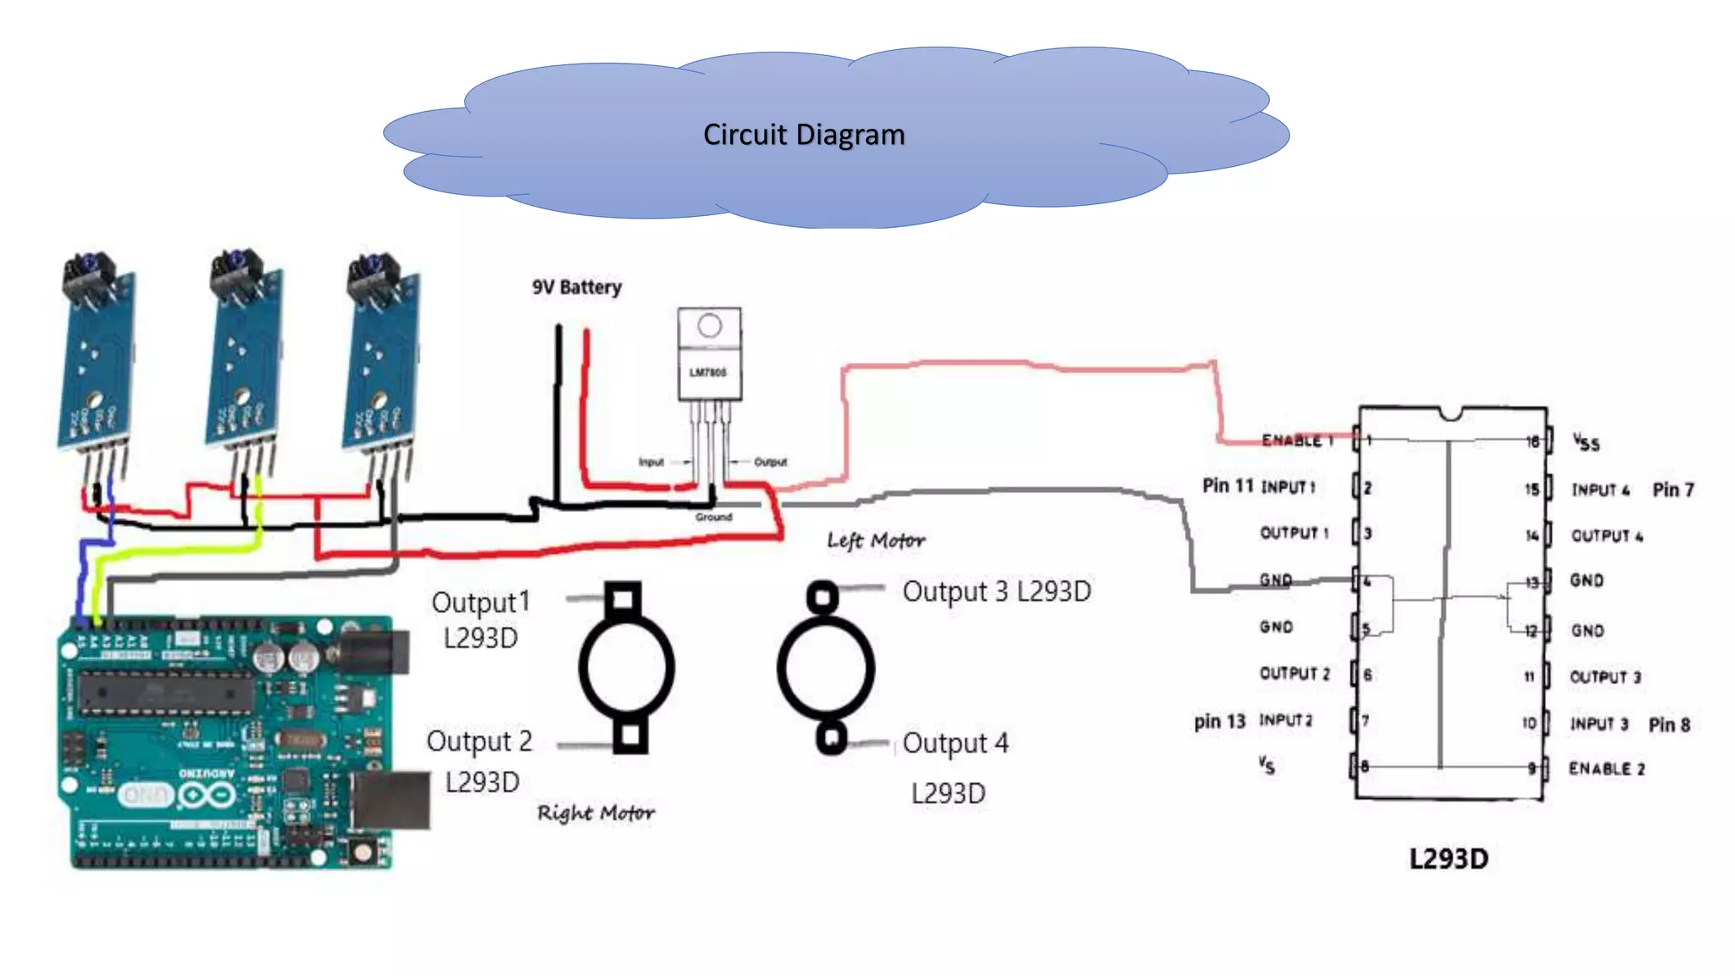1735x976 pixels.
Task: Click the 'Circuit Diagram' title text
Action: click(803, 135)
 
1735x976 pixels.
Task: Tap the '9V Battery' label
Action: click(576, 287)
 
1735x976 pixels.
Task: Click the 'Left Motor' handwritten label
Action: click(875, 541)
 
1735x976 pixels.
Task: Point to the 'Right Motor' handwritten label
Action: click(596, 813)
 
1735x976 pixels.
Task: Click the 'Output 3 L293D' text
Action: click(996, 591)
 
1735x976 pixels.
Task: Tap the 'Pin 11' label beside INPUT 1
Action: click(1227, 485)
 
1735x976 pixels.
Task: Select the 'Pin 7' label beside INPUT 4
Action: click(1672, 490)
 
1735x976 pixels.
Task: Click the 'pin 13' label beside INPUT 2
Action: click(1219, 722)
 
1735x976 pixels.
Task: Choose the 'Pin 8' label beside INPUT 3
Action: click(1669, 724)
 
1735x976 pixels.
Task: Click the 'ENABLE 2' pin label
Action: click(1606, 768)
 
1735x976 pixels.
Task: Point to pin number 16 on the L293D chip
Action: click(1532, 441)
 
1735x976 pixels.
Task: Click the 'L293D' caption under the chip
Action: click(1448, 859)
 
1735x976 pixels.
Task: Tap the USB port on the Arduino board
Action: click(391, 800)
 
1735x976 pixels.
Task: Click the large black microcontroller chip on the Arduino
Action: click(165, 692)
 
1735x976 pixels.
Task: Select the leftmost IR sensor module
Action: click(95, 356)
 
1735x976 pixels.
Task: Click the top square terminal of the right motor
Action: click(623, 599)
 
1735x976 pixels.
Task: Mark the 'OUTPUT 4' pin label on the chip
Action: click(1606, 536)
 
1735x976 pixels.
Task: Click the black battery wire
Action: click(557, 407)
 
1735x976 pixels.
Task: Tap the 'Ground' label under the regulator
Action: click(713, 517)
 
